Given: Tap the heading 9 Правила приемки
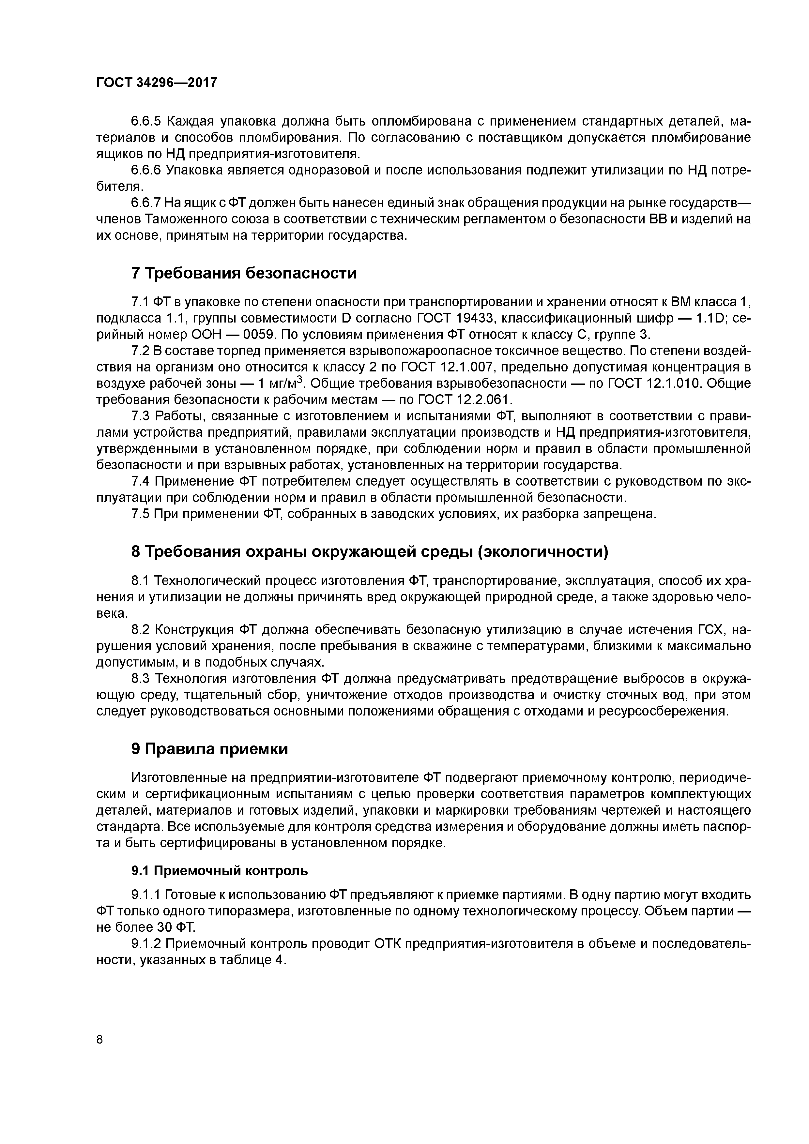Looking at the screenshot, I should pyautogui.click(x=210, y=749).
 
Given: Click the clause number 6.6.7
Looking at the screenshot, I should pyautogui.click(x=145, y=203).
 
